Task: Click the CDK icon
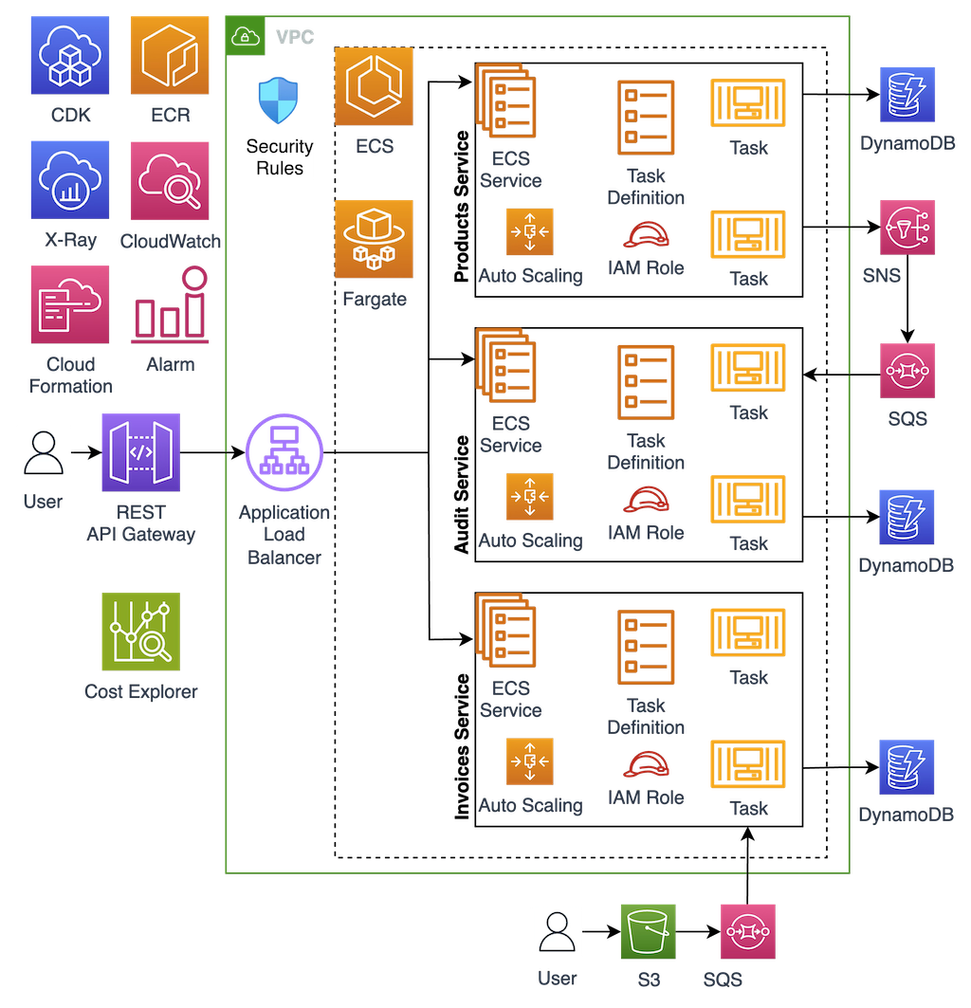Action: pyautogui.click(x=70, y=55)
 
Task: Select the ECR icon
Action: pyautogui.click(x=170, y=55)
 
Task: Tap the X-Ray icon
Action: pyautogui.click(x=70, y=180)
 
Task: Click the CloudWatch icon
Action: pyautogui.click(x=170, y=181)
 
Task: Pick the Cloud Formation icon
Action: pyautogui.click(x=70, y=304)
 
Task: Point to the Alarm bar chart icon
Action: pyautogui.click(x=171, y=304)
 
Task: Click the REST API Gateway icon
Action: pyautogui.click(x=140, y=452)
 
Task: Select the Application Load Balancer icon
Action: pyautogui.click(x=284, y=452)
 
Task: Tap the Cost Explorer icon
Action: pyautogui.click(x=140, y=632)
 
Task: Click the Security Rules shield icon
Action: pyautogui.click(x=279, y=101)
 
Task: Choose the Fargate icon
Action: pyautogui.click(x=374, y=239)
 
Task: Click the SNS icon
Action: pyautogui.click(x=907, y=228)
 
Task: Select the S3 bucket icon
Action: pyautogui.click(x=649, y=931)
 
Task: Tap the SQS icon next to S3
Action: pyautogui.click(x=748, y=931)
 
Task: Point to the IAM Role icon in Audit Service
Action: pyautogui.click(x=646, y=500)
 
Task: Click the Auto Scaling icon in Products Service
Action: pyautogui.click(x=529, y=232)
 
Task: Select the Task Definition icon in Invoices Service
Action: pyautogui.click(x=646, y=647)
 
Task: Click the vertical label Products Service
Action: pyautogui.click(x=462, y=207)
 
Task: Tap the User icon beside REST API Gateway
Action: pyautogui.click(x=43, y=452)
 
